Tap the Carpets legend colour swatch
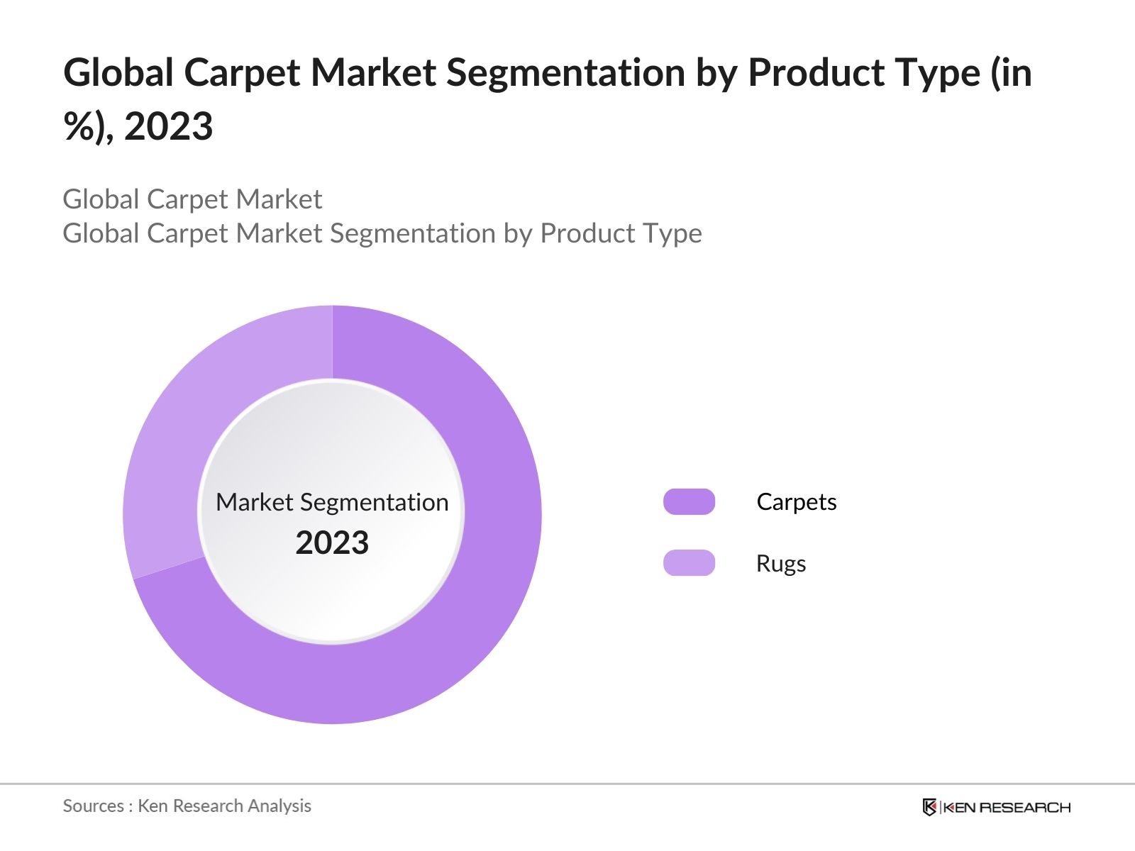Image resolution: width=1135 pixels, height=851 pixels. (689, 502)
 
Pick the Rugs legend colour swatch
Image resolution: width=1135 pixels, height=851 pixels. (689, 563)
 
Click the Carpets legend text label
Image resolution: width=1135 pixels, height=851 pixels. (796, 502)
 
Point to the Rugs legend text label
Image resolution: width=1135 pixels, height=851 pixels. (781, 564)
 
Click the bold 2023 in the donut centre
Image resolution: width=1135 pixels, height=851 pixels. (332, 543)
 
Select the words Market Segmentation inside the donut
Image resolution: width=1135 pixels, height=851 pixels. (332, 502)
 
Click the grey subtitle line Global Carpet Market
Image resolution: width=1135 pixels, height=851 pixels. (192, 199)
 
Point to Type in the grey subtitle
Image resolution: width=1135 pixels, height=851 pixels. (671, 233)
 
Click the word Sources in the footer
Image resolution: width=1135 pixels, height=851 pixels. (93, 806)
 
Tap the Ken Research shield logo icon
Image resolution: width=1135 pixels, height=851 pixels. (929, 807)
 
